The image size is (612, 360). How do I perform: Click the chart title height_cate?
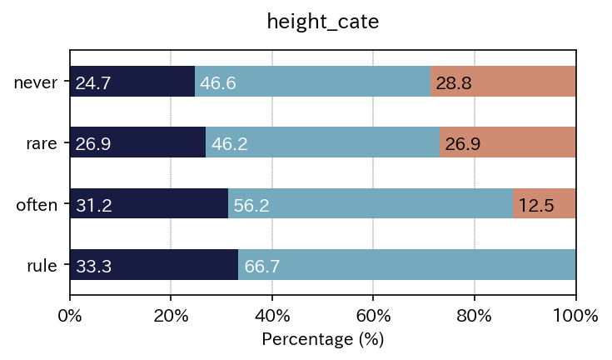click(323, 22)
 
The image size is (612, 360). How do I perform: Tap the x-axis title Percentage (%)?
click(323, 340)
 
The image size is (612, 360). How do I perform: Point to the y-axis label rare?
click(41, 143)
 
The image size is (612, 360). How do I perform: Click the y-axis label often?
click(37, 205)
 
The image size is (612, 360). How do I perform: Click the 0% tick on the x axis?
click(70, 316)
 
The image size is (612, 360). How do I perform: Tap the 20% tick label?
click(171, 316)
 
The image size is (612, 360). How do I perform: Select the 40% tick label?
click(272, 316)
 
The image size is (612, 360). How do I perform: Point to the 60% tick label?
click(373, 316)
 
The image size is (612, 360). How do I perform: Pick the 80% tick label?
click(475, 316)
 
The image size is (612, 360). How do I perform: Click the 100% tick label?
click(575, 316)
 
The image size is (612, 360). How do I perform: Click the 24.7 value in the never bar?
click(92, 83)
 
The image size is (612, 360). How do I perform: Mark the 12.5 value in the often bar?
click(536, 206)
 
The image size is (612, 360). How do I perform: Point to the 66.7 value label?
click(261, 267)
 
